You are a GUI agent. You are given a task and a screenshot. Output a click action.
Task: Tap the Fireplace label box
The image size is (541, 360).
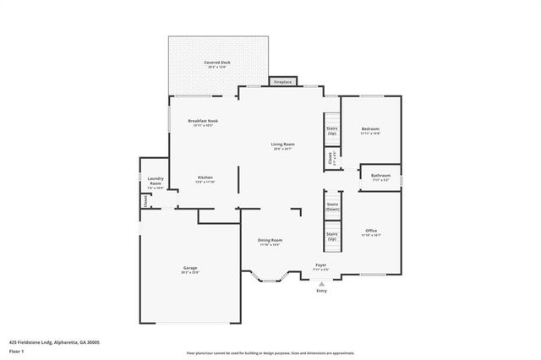(283, 82)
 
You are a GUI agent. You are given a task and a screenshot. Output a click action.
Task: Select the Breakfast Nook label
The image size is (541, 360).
(203, 122)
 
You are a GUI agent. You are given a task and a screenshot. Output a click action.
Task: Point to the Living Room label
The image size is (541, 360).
(282, 145)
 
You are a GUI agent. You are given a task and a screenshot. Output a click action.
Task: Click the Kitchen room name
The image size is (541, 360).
(205, 177)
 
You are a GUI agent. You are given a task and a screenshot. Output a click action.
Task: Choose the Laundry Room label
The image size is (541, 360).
(155, 180)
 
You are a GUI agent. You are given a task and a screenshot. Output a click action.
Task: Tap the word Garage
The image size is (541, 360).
(189, 268)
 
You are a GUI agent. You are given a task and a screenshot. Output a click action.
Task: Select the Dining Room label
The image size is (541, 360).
(270, 240)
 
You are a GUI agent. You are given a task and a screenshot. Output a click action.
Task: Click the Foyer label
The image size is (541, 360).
(321, 265)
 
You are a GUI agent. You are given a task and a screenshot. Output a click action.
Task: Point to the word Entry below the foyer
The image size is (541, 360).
(321, 291)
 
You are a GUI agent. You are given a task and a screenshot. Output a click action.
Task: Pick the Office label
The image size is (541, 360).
(371, 230)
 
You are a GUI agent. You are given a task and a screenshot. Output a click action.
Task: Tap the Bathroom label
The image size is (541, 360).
(380, 176)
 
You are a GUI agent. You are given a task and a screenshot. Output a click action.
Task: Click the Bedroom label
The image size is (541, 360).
(370, 129)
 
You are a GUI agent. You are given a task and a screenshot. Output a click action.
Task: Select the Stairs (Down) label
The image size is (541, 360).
(332, 206)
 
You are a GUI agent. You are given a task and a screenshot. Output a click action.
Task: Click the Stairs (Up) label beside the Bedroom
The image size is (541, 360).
(332, 131)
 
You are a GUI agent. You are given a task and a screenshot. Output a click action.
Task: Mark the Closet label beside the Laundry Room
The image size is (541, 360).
(145, 201)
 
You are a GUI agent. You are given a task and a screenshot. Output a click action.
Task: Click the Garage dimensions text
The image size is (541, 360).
(189, 272)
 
